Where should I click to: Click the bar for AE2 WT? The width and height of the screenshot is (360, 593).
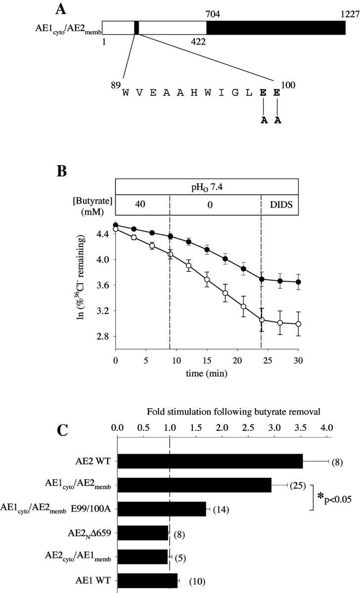[210, 462]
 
